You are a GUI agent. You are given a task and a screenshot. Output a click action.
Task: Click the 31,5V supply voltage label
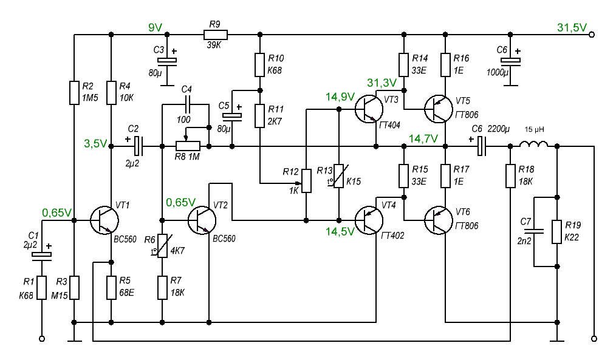pos(571,27)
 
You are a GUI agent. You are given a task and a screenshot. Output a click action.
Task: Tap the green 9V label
pos(156,27)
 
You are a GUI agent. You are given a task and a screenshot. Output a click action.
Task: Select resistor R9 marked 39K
pos(215,35)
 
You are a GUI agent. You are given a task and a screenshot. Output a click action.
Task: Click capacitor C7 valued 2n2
pos(534,231)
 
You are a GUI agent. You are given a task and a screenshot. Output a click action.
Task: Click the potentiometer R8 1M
pos(188,146)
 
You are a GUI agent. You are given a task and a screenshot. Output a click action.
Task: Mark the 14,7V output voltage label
pos(423,138)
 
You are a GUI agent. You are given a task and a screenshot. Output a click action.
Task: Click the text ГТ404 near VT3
pos(390,125)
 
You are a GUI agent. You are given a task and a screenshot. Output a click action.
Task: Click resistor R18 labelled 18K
pos(510,176)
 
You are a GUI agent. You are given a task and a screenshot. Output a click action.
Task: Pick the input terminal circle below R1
pos(42,338)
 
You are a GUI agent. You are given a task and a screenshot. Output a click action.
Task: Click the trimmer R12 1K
pos(307,180)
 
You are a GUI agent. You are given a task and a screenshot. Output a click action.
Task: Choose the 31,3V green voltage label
pos(382,83)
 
